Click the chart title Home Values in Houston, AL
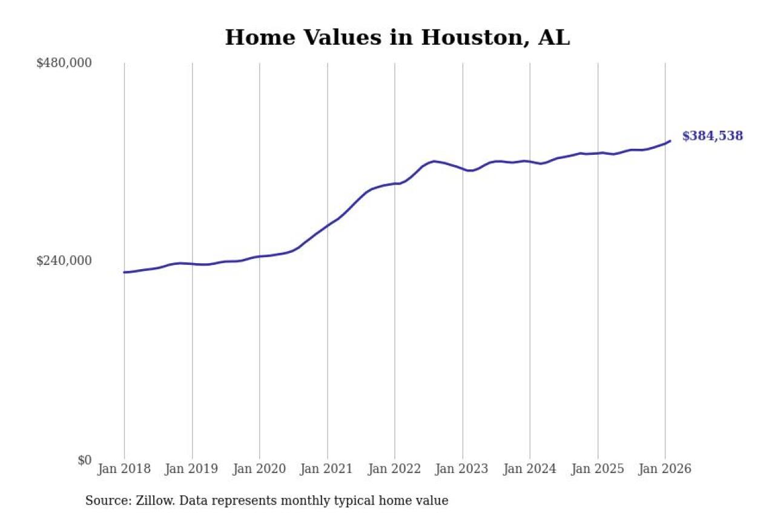pos(397,38)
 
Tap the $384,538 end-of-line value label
pos(712,136)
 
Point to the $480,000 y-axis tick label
pos(64,63)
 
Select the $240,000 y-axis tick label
pos(64,261)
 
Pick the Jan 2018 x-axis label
pos(124,469)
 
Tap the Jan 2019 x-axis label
pos(192,469)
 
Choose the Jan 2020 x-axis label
pos(260,469)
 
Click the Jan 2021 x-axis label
pos(328,469)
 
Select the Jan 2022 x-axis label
pos(395,469)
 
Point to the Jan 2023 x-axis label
pos(463,469)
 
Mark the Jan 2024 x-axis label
pos(530,469)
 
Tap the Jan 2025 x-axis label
pos(598,469)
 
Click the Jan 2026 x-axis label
pos(665,469)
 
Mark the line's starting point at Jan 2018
pos(125,272)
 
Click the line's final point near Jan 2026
pos(670,141)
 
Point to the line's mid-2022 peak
pos(434,161)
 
